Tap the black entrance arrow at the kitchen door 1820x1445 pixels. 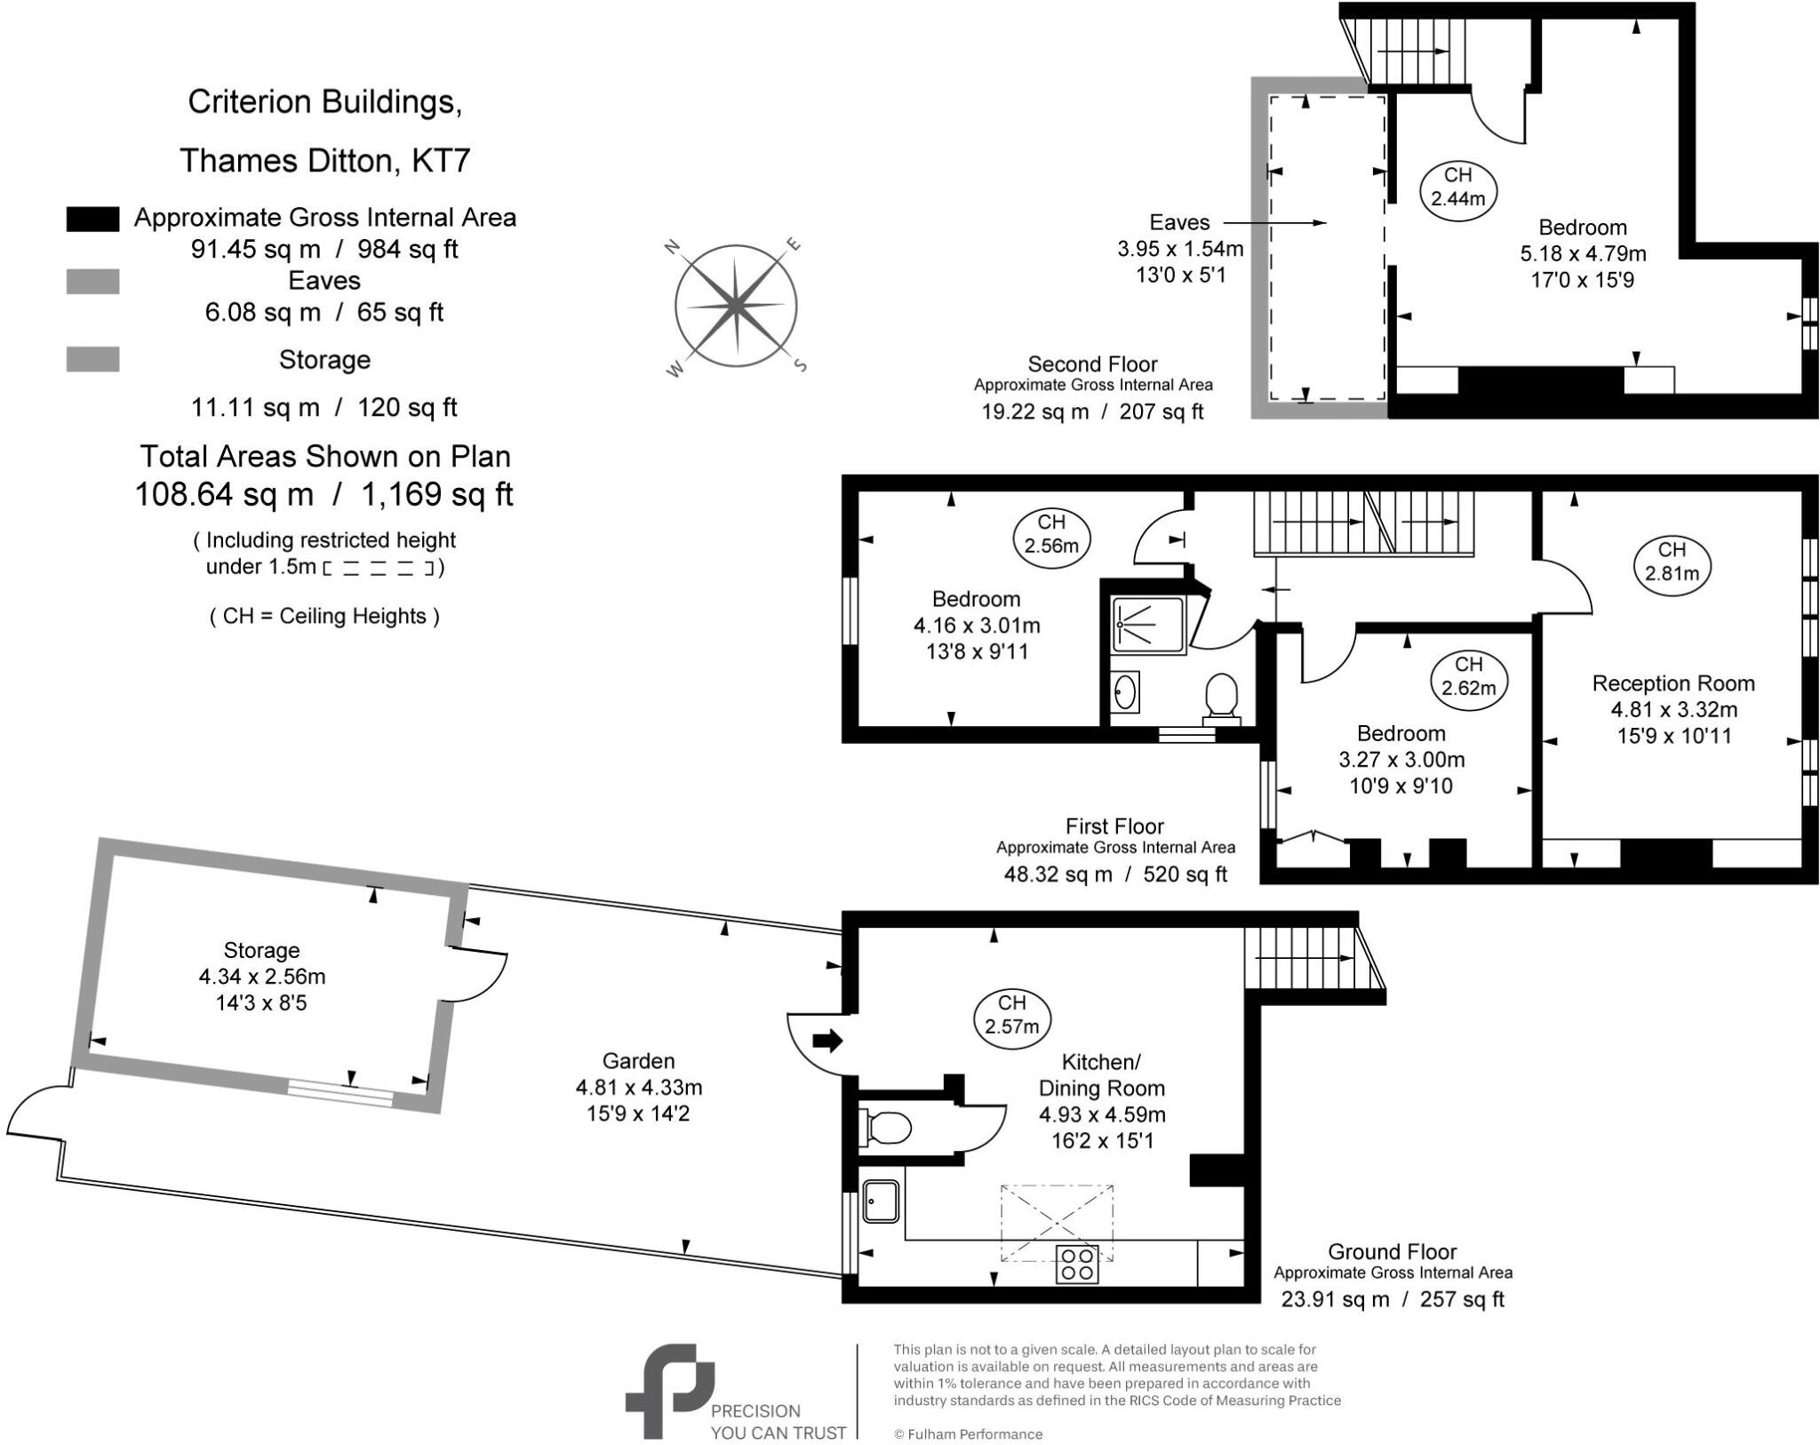pyautogui.click(x=827, y=1041)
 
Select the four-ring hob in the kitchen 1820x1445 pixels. pyautogui.click(x=1077, y=1265)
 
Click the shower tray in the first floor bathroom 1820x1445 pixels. pyautogui.click(x=1147, y=626)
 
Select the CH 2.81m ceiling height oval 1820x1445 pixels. pyautogui.click(x=1672, y=562)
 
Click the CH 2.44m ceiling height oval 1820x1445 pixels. pyautogui.click(x=1457, y=188)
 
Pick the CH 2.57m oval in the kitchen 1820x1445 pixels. pyautogui.click(x=1011, y=1015)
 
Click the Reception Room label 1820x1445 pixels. pyautogui.click(x=1672, y=683)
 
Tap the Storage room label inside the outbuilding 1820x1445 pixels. pyautogui.click(x=261, y=950)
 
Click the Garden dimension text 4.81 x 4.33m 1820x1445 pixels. pyautogui.click(x=638, y=1087)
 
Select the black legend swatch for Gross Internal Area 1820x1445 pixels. pyautogui.click(x=92, y=220)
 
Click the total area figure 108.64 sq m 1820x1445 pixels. pyautogui.click(x=224, y=494)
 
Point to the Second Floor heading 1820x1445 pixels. pyautogui.click(x=1092, y=364)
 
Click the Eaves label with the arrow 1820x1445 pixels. pyautogui.click(x=1179, y=222)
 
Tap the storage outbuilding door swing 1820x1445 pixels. pyautogui.click(x=480, y=975)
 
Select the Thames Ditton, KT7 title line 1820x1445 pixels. pyautogui.click(x=324, y=161)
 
